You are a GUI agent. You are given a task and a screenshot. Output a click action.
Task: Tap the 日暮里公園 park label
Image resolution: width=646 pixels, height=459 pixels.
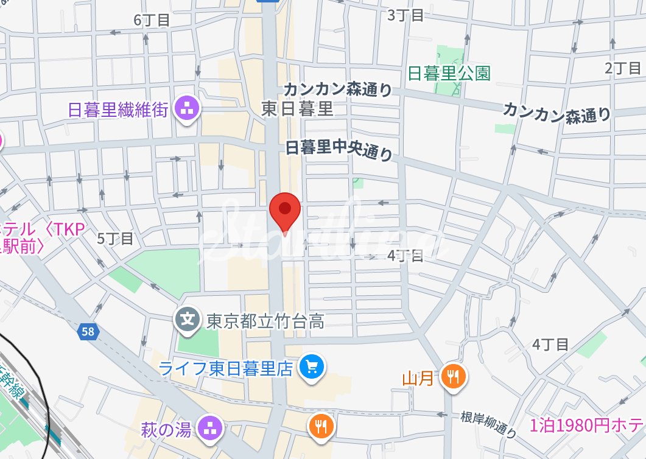coord(449,74)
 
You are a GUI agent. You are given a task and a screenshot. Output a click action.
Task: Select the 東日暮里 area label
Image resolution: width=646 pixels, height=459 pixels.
coord(298,109)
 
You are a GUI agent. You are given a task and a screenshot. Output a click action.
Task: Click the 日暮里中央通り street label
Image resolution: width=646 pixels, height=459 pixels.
coord(339,150)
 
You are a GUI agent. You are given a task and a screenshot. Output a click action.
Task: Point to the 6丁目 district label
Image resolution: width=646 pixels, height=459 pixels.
coord(152,19)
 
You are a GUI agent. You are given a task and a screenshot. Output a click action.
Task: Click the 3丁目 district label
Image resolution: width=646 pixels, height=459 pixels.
coord(406,15)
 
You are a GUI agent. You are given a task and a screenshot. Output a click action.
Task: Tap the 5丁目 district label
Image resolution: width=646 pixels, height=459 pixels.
coord(115,238)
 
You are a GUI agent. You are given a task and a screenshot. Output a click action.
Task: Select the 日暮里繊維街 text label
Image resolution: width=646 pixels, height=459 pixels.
coord(118,110)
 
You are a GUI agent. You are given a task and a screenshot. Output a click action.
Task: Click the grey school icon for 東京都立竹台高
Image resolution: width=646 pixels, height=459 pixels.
coord(188,318)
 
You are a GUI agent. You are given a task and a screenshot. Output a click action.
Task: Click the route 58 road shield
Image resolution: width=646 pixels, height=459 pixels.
coord(88,332)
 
